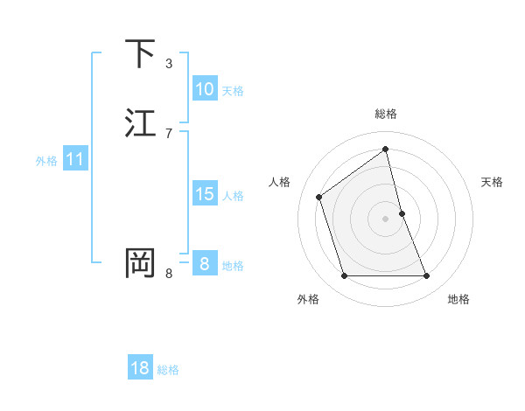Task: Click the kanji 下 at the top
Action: pos(140,54)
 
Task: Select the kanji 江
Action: pos(140,123)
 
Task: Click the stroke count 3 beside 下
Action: pos(169,64)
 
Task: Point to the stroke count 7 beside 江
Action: pos(169,134)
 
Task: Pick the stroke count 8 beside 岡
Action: pos(169,274)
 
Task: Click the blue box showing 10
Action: pos(205,89)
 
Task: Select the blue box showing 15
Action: pos(205,194)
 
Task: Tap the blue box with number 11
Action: pos(75,160)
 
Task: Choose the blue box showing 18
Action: pos(140,368)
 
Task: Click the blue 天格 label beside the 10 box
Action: pos(233,91)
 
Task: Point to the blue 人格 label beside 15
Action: pos(233,196)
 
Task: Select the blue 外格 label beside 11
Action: pos(46,161)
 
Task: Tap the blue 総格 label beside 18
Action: pos(168,370)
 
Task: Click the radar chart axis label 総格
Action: pos(386,114)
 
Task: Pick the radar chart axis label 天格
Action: pos(493,182)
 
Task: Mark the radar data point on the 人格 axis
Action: pos(319,196)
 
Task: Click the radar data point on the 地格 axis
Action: pos(427,276)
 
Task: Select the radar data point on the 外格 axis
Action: pos(344,276)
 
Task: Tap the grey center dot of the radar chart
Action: pos(386,218)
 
